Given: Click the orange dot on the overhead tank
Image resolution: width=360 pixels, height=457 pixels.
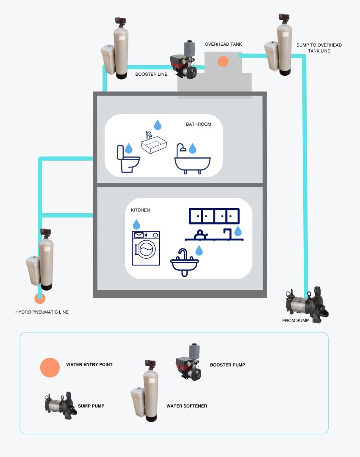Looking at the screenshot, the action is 223,61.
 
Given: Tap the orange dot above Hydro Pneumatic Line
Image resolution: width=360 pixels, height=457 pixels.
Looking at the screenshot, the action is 40,298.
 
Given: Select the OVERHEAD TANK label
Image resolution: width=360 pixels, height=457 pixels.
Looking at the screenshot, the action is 224,44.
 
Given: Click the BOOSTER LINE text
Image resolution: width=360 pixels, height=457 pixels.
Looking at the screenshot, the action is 151,74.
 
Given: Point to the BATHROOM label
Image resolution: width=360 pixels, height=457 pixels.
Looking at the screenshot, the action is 198,124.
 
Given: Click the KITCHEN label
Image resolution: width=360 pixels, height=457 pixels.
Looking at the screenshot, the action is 140,210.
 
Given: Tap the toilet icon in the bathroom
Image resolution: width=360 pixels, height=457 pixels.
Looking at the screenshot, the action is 128,159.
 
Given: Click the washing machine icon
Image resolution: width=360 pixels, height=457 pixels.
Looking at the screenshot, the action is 146,248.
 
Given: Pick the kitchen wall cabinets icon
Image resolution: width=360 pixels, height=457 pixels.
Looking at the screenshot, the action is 214,216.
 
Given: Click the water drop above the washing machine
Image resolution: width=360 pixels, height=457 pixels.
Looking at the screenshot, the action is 136,224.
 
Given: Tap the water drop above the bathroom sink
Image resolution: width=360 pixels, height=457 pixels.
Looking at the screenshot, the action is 158,125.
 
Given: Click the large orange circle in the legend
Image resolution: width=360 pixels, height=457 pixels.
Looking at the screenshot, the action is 50,368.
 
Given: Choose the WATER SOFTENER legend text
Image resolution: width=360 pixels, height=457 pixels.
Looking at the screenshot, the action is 187,406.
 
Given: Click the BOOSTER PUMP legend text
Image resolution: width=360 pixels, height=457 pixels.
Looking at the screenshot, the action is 227,365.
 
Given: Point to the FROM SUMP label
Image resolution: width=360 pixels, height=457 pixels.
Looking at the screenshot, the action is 296,321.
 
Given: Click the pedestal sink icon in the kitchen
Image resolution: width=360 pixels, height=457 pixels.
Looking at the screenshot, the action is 184,262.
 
